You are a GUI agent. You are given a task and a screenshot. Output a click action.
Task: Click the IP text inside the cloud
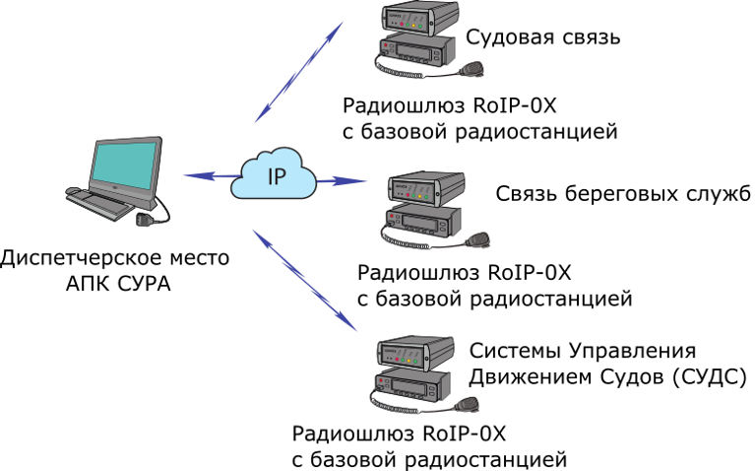pos(277,177)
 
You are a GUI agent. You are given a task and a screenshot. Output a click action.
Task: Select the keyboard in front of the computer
pos(99,203)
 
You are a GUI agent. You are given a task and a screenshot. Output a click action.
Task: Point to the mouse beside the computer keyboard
pos(72,190)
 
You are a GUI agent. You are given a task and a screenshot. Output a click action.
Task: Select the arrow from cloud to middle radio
pos(342,181)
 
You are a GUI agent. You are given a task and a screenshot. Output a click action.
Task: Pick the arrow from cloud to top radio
pos(298,72)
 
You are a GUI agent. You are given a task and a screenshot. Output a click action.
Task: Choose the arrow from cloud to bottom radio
pos(305,281)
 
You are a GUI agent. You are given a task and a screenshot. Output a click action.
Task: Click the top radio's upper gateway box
pos(420,18)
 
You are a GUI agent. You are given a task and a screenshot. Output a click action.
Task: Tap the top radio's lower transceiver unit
pos(417,49)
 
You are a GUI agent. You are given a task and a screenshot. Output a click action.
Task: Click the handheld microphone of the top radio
pos(472,69)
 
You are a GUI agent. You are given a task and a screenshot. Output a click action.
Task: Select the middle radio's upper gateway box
pos(426,187)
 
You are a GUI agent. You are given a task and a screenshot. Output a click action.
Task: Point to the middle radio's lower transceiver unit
pos(423,221)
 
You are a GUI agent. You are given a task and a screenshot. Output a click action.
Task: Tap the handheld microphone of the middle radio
pos(478,239)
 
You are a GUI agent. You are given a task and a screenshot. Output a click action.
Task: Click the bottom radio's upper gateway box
pos(415,353)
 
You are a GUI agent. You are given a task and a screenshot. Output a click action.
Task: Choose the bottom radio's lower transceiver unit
pos(412,385)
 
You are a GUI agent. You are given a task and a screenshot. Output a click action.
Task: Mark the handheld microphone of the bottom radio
pos(468,404)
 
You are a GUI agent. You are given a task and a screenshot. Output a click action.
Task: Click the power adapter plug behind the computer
pos(144,220)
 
